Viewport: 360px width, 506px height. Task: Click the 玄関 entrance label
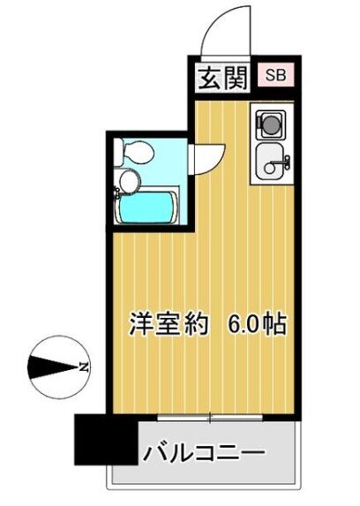click(222, 79)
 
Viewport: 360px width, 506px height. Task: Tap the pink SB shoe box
click(276, 75)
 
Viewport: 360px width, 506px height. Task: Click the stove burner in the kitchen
click(270, 125)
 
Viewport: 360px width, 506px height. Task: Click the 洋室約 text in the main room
click(168, 323)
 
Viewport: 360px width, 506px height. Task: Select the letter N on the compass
click(84, 366)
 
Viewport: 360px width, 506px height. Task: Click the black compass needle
click(53, 366)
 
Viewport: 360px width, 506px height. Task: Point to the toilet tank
click(119, 152)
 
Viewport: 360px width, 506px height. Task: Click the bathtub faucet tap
click(116, 194)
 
